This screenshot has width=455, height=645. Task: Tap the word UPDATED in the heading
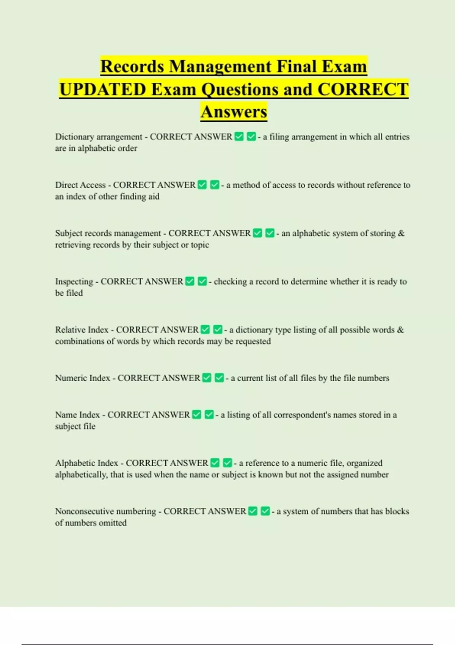point(103,90)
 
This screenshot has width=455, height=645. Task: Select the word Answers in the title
point(234,112)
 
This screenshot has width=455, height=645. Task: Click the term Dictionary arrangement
point(99,137)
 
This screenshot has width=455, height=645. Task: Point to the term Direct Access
point(80,185)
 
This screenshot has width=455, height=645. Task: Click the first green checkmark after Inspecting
point(190,281)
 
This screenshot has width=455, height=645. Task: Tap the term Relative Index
point(82,330)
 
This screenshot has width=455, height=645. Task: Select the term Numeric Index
point(82,378)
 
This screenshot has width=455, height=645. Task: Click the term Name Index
point(77,415)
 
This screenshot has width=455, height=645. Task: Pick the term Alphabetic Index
point(86,463)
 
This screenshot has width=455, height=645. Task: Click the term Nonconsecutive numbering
point(105,511)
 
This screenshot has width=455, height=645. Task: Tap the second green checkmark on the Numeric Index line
point(219,378)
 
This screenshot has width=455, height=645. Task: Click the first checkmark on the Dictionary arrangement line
point(239,137)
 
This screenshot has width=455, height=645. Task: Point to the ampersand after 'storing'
point(401,233)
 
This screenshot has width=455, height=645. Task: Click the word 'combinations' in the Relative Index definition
point(79,341)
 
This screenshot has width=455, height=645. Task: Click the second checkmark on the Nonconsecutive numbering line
point(265,511)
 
